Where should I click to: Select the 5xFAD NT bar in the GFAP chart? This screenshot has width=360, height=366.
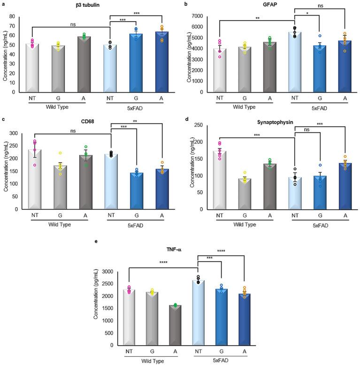[295, 62]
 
